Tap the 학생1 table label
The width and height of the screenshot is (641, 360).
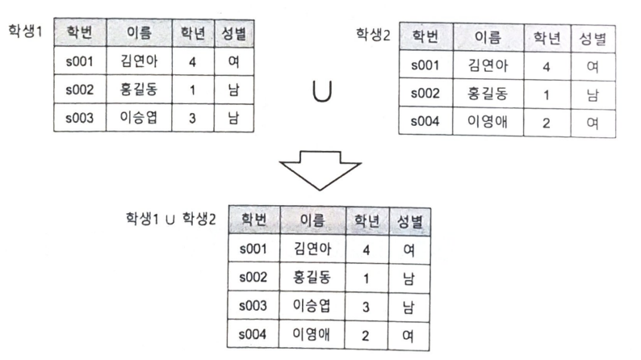coord(26,33)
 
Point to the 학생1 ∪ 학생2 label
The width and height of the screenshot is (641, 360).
coord(170,219)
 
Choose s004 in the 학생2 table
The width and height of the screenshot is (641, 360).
coord(426,123)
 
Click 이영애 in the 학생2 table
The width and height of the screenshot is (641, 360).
coord(488,123)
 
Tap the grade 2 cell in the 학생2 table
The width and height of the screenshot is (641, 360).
coord(546,123)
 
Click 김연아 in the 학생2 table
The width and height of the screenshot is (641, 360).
coord(488,65)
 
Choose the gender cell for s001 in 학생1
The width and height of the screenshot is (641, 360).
coord(234,61)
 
